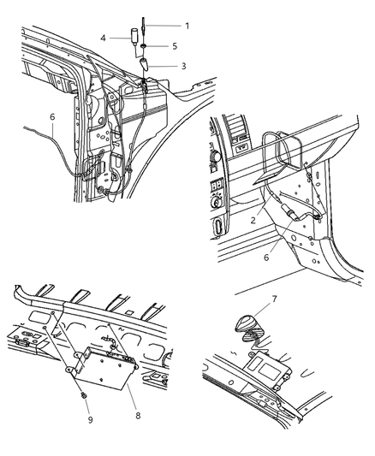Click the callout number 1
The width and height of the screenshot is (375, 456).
187,26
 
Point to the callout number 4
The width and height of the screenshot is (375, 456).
102,38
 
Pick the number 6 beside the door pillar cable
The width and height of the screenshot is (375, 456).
51,117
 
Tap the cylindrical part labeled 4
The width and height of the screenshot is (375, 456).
134,38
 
